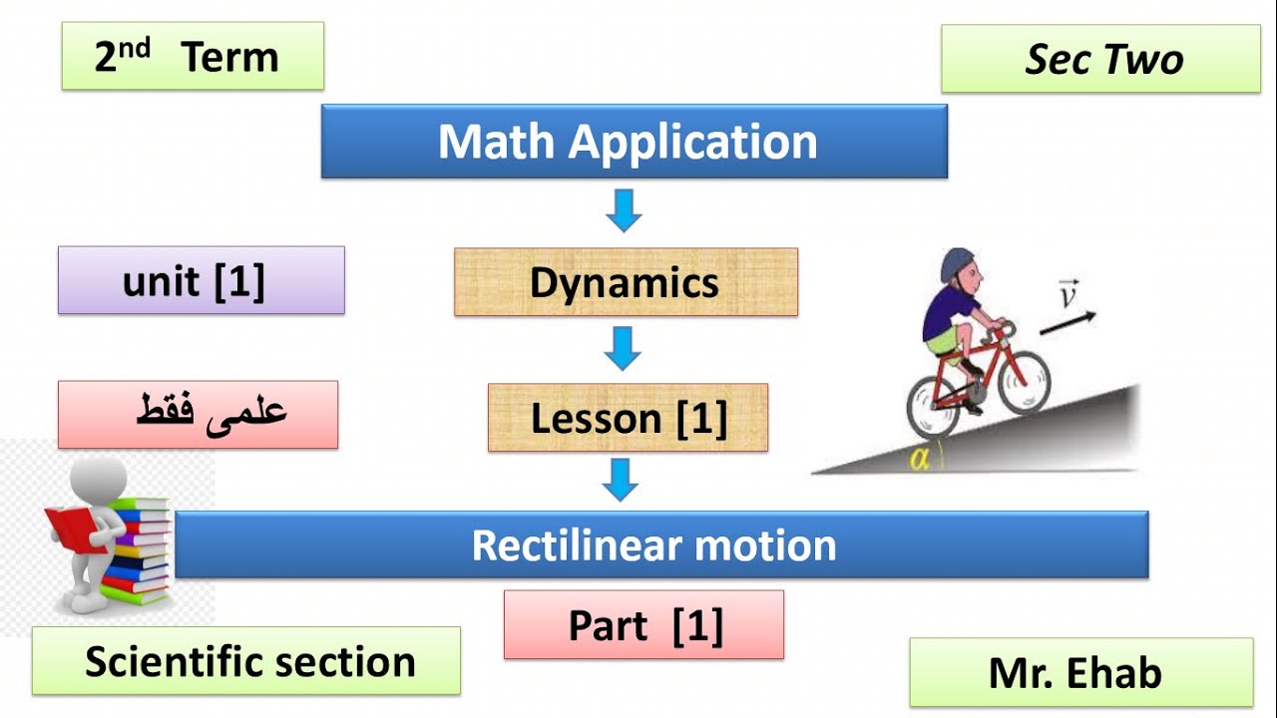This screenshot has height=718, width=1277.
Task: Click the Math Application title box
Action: coord(634,142)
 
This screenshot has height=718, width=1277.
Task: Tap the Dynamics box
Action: coord(626,282)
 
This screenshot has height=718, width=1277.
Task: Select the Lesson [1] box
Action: coord(628,418)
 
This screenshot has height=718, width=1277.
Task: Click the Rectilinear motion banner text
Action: coord(653,545)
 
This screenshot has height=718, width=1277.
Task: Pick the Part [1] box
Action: coord(643,625)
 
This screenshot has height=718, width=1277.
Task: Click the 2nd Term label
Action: coord(193,57)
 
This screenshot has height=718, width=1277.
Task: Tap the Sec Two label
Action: coord(1101,60)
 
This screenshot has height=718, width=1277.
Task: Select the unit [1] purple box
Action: coord(201,281)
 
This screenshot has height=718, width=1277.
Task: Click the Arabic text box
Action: coord(199,414)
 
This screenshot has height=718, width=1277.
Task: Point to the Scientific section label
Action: coord(246,661)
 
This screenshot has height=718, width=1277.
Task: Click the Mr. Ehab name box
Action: coord(1080,673)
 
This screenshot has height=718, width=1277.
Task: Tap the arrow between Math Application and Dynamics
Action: coord(624,210)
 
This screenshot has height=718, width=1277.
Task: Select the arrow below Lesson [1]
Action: coord(621,479)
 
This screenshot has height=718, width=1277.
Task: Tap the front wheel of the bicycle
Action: coord(1024,381)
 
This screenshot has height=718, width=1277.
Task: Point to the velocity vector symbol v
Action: coord(1067,296)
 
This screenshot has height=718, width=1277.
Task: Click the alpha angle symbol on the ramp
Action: coord(919,460)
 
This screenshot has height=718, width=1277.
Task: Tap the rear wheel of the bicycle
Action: coord(933,406)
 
